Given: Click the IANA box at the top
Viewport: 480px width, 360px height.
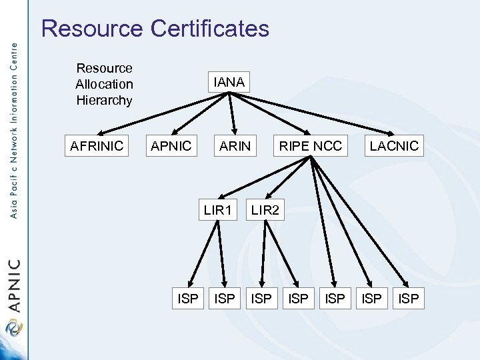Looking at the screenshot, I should pyautogui.click(x=229, y=83).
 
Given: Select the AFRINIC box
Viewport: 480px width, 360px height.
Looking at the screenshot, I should pyautogui.click(x=98, y=146).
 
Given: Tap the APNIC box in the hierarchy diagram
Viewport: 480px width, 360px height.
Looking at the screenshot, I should pyautogui.click(x=171, y=146).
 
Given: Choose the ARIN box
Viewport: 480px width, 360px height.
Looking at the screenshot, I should pyautogui.click(x=235, y=146).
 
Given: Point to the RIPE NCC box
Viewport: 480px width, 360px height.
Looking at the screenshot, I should pyautogui.click(x=311, y=146).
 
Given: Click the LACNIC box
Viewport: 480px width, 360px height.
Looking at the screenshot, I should pyautogui.click(x=394, y=146).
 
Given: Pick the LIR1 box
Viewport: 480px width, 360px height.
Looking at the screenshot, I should pyautogui.click(x=218, y=211).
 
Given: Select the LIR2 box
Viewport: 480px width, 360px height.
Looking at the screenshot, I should pyautogui.click(x=265, y=211).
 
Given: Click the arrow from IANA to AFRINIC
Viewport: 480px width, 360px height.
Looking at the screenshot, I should pyautogui.click(x=160, y=113).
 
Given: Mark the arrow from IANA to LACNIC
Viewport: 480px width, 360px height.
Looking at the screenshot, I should pyautogui.click(x=313, y=113).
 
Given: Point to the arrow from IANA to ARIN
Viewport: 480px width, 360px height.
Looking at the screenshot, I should pyautogui.click(x=232, y=113).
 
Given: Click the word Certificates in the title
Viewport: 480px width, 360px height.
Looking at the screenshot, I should pyautogui.click(x=210, y=29).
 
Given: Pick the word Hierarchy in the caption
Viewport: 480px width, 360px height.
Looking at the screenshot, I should pyautogui.click(x=104, y=100).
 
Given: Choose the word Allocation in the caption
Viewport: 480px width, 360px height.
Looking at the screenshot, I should pyautogui.click(x=104, y=84).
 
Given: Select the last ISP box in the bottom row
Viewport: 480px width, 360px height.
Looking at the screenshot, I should pyautogui.click(x=409, y=299).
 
